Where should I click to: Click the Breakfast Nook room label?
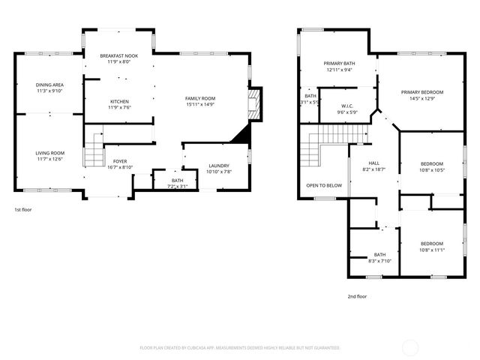point(120,55)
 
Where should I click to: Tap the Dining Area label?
point(49,85)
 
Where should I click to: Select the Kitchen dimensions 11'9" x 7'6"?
point(120,108)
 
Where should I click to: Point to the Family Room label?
point(200,98)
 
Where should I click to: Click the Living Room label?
point(49,153)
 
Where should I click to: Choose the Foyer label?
point(120,161)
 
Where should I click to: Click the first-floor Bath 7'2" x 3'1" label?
point(177,180)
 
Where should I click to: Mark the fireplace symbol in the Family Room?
point(256,104)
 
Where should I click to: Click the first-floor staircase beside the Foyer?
point(92,153)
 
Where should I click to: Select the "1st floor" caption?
point(23,209)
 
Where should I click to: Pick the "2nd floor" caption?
point(357,296)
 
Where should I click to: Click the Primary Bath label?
point(339,64)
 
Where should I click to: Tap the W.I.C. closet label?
point(346,105)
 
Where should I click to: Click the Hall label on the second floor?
point(373,163)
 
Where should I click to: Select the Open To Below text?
point(324,185)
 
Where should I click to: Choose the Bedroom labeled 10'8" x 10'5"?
point(431,163)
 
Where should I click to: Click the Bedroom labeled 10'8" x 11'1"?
point(431,243)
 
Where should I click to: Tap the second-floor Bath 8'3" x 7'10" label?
point(379,254)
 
